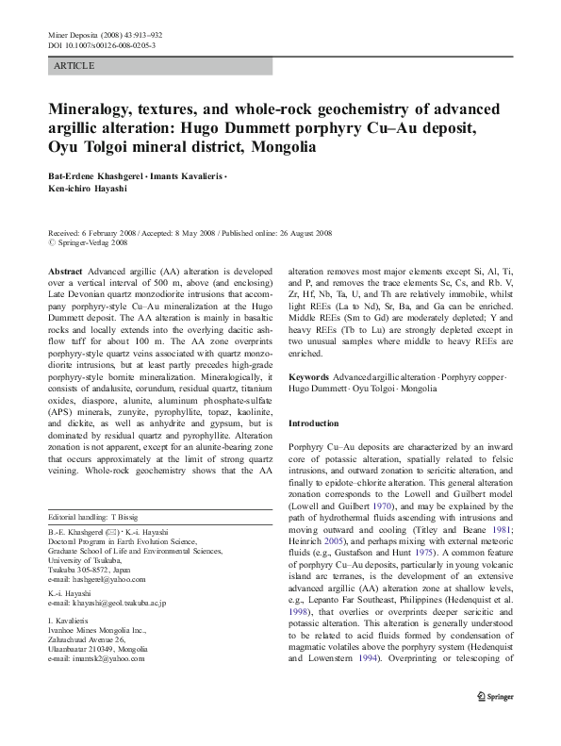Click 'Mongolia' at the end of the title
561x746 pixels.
click(x=283, y=148)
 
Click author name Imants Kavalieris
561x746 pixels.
click(x=190, y=176)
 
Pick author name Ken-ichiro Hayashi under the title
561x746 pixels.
click(x=86, y=189)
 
